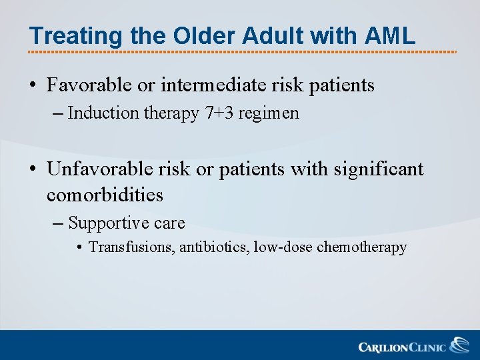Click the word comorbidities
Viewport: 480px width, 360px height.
105,195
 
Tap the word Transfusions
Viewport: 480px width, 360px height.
129,247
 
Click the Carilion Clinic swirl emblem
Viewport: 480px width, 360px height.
459,345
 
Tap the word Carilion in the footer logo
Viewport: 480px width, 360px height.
383,347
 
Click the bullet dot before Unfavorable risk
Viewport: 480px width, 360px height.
33,170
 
